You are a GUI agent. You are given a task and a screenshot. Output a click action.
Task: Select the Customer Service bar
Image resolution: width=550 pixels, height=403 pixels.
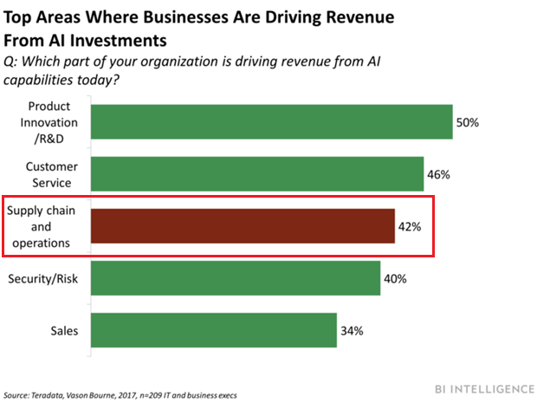[x=256, y=174]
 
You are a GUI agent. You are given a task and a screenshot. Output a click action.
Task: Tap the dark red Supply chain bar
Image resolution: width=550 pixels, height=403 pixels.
[x=243, y=226]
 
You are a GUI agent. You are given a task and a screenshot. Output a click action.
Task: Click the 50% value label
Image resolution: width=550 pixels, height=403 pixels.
[x=469, y=123]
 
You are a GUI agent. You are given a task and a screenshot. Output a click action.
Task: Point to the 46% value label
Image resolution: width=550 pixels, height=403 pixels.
[x=438, y=174]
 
